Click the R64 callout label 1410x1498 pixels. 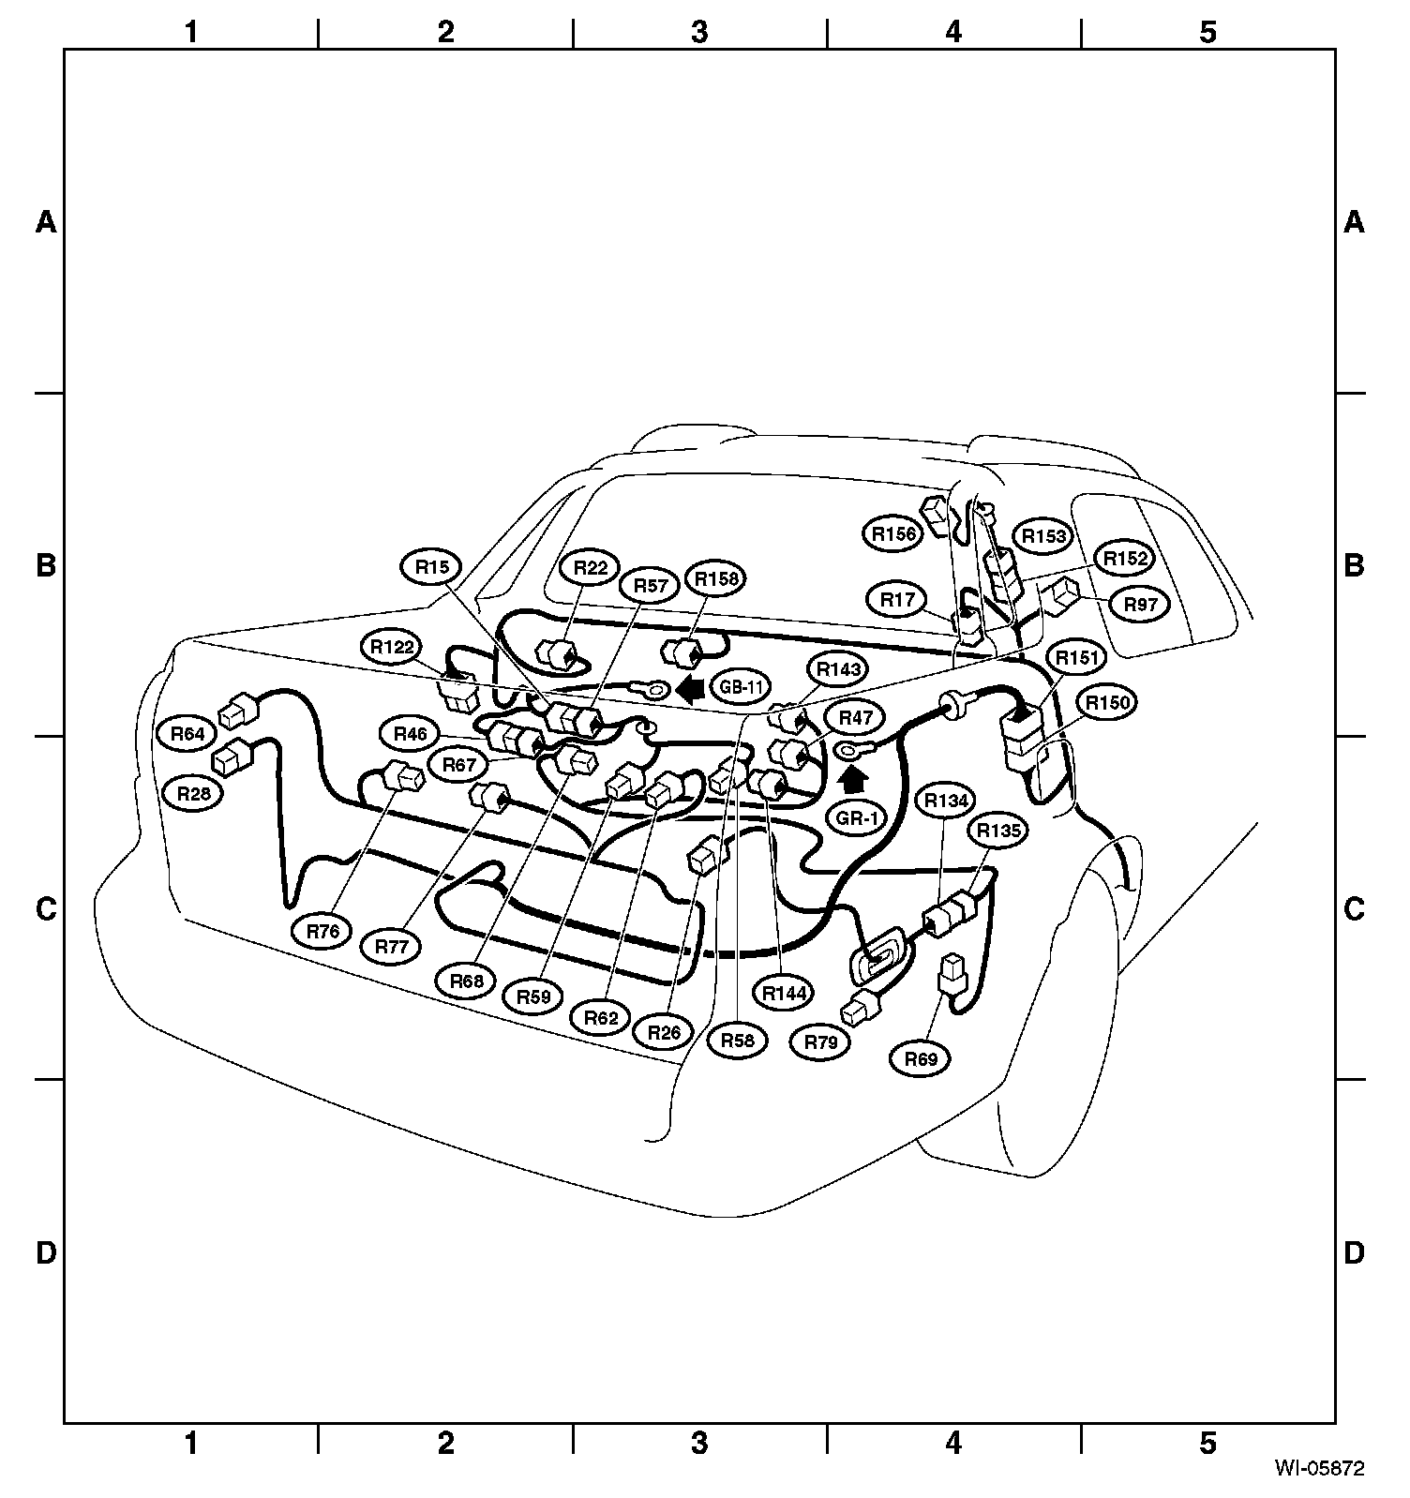pos(187,733)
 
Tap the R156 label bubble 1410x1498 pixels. pos(892,534)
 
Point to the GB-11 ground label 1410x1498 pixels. pos(740,687)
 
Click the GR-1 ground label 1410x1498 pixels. pos(856,818)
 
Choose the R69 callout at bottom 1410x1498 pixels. pos(921,1059)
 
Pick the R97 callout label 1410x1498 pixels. pos(1140,605)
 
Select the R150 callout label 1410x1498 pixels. pos(1106,702)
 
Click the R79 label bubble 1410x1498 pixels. pos(820,1041)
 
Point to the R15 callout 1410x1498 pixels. pos(432,566)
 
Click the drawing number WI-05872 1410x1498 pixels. pos(1318,1467)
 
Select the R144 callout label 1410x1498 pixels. pos(785,993)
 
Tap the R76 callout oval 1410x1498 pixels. pos(322,932)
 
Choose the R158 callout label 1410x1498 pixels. pos(715,579)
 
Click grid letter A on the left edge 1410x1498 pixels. pos(45,222)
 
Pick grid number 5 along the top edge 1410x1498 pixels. pos(1207,33)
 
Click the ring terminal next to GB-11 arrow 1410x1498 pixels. pos(655,691)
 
